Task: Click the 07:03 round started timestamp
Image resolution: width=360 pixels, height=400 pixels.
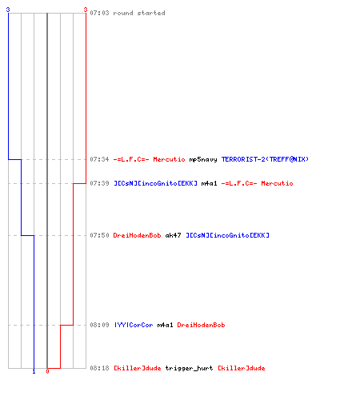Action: tap(99, 13)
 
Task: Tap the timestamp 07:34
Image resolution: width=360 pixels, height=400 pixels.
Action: tap(99, 159)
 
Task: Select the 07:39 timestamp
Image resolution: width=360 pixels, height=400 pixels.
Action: tap(99, 183)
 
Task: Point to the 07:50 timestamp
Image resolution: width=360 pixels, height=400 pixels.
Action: tap(99, 235)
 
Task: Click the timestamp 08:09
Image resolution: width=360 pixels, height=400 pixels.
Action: tap(99, 325)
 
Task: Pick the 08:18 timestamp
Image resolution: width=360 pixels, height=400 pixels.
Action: tap(99, 368)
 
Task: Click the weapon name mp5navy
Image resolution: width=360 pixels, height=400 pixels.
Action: tap(203, 159)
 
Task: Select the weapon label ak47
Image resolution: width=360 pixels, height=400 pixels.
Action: tap(173, 235)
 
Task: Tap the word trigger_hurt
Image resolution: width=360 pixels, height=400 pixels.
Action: tap(189, 368)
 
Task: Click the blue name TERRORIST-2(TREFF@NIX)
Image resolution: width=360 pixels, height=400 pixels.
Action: tap(265, 159)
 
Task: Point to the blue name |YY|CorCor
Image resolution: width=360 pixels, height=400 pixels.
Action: tap(134, 325)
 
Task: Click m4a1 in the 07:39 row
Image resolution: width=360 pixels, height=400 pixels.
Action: tap(209, 183)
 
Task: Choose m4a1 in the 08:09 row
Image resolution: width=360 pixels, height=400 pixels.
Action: tap(165, 325)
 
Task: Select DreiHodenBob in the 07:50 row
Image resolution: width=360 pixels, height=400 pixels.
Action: tap(137, 235)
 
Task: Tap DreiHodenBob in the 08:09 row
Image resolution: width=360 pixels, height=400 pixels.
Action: tap(201, 325)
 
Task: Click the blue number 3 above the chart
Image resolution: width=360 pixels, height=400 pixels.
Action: tap(8, 10)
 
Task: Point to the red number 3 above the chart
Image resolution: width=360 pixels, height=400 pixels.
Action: tap(86, 10)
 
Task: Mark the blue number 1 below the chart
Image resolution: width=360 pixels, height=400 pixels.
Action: tap(34, 371)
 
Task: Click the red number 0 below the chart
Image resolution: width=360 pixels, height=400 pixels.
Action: tap(47, 371)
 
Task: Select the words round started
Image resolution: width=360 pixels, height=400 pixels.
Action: tap(139, 13)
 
